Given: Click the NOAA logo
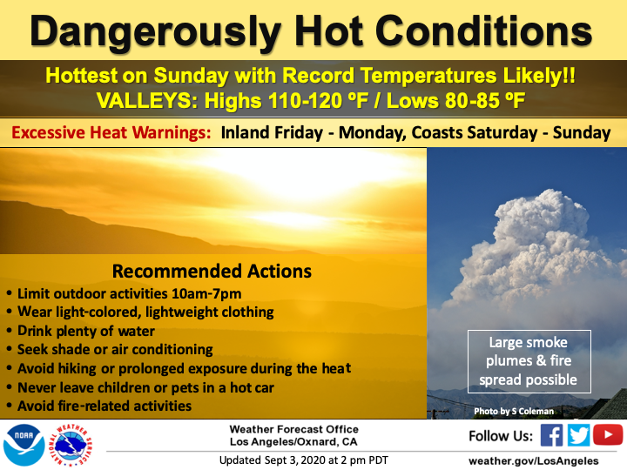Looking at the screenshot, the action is pyautogui.click(x=24, y=445).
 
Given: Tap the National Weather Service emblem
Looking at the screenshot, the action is pyautogui.click(x=71, y=445).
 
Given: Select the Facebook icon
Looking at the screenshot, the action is pyautogui.click(x=551, y=435).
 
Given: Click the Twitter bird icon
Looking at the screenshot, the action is pyautogui.click(x=578, y=435).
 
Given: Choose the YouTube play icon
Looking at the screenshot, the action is pyautogui.click(x=608, y=435).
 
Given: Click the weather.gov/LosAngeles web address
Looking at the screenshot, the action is pyautogui.click(x=534, y=461).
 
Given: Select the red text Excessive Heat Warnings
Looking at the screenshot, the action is pyautogui.click(x=111, y=132).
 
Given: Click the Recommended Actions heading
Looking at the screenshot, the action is pyautogui.click(x=212, y=271).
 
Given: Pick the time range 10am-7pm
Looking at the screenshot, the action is pyautogui.click(x=206, y=294).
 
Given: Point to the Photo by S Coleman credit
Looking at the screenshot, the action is pyautogui.click(x=514, y=411).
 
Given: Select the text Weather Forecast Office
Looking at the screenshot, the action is pyautogui.click(x=294, y=429).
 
